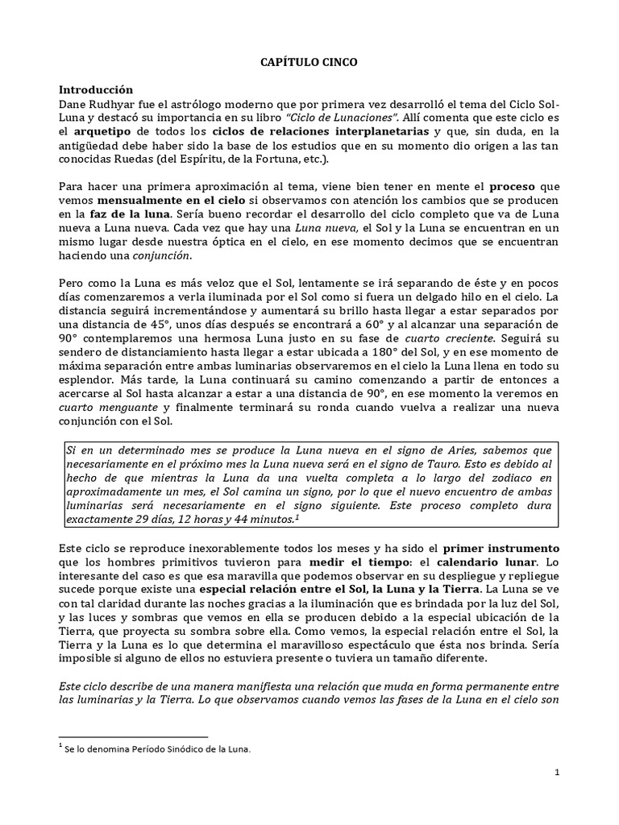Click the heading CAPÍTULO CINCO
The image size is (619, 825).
[x=309, y=60]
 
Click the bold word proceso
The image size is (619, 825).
[x=513, y=187]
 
